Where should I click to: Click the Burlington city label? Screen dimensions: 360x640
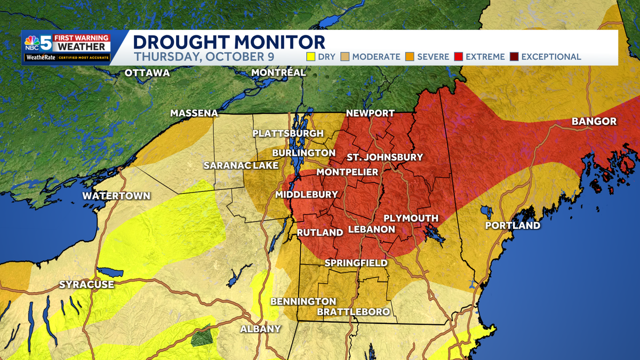click(300, 153)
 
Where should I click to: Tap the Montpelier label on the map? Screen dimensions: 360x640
click(347, 172)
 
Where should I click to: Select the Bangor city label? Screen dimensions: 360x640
click(594, 122)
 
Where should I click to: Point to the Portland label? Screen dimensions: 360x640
click(512, 226)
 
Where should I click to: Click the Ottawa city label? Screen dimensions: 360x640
click(147, 73)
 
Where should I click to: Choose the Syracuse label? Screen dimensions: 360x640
click(86, 284)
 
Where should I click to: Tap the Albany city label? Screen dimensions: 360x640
click(260, 329)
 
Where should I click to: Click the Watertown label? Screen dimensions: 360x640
click(116, 196)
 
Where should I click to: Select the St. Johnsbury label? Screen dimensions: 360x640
click(385, 157)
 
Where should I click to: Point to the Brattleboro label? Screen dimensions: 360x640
click(353, 311)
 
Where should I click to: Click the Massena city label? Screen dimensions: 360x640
click(194, 113)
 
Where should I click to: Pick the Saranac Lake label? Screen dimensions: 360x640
click(241, 165)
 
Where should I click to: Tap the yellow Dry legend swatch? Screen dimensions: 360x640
click(309, 57)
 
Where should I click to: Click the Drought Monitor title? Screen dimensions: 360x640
click(229, 42)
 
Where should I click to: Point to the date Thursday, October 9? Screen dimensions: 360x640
click(212, 56)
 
